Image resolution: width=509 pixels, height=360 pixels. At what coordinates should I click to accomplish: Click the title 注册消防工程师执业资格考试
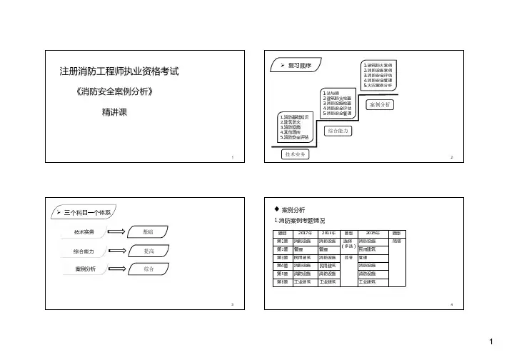point(118,72)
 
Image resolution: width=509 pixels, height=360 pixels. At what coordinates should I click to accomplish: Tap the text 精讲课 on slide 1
point(114,113)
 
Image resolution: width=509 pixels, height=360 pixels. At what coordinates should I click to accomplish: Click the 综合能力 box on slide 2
point(339,131)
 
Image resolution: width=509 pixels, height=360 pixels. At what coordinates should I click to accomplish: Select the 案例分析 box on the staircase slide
point(381,105)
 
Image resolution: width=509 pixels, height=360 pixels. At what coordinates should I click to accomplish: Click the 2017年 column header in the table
point(305,234)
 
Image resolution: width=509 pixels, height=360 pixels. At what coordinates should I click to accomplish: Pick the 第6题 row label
point(283,282)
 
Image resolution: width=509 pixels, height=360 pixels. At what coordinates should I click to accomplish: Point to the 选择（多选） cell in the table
point(349,244)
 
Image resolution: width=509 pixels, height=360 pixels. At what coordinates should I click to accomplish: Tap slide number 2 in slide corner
point(452,156)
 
